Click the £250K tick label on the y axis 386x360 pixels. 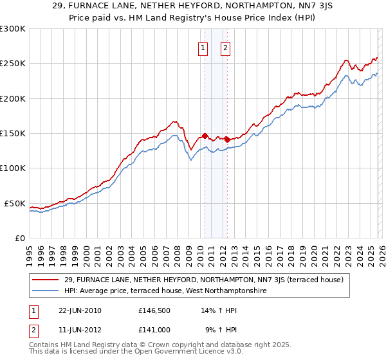pyautogui.click(x=13, y=64)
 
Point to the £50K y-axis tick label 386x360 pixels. pyautogui.click(x=15, y=203)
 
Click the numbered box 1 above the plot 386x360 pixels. pyautogui.click(x=204, y=47)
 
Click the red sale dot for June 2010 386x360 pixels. pyautogui.click(x=205, y=136)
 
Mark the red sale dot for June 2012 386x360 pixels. pyautogui.click(x=227, y=139)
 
